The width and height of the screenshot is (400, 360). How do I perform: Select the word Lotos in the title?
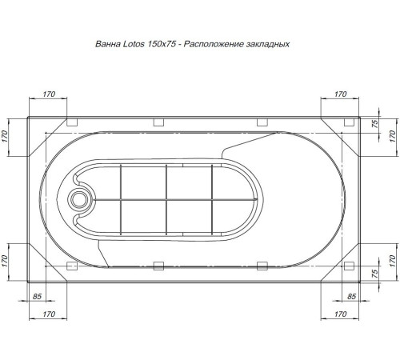pyautogui.click(x=134, y=46)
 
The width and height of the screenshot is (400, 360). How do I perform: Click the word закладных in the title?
pyautogui.click(x=265, y=46)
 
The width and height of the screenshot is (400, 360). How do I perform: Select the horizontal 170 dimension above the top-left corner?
pyautogui.click(x=48, y=94)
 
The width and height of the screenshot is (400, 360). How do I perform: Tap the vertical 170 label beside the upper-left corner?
pyautogui.click(x=5, y=134)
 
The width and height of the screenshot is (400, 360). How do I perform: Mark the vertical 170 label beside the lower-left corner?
pyautogui.click(x=5, y=260)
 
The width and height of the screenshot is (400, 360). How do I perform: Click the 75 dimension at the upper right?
pyautogui.click(x=375, y=125)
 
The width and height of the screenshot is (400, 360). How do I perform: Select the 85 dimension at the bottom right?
pyautogui.click(x=348, y=297)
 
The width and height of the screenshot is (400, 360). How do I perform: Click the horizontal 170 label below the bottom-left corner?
pyautogui.click(x=48, y=314)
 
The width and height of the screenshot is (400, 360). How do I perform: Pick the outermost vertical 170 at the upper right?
pyautogui.click(x=392, y=134)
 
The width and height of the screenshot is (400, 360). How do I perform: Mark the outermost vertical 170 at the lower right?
pyautogui.click(x=392, y=260)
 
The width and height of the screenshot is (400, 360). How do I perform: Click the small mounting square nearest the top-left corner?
pyautogui.click(x=70, y=122)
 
